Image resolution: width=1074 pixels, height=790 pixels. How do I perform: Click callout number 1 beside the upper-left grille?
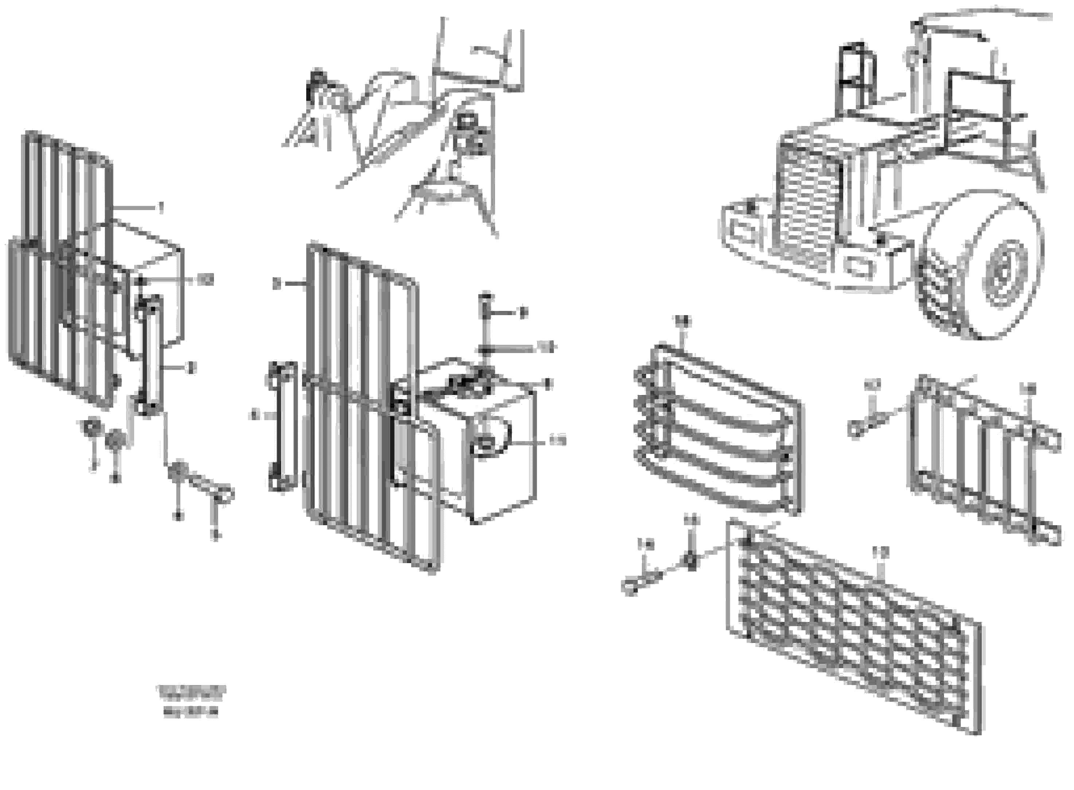(x=162, y=208)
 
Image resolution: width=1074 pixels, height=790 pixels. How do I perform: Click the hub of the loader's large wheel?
(x=1005, y=274)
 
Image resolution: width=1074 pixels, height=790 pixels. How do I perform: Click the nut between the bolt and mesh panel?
(x=690, y=560)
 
